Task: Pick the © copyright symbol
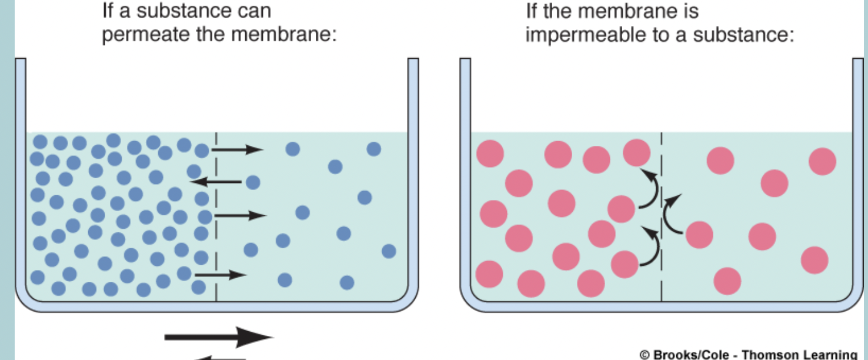pyautogui.click(x=644, y=354)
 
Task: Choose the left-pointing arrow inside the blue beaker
pyautogui.click(x=216, y=182)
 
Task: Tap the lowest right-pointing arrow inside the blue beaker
pyautogui.click(x=221, y=275)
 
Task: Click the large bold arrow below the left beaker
pyautogui.click(x=219, y=337)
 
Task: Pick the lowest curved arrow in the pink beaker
pyautogui.click(x=650, y=247)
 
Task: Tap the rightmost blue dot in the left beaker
pyautogui.click(x=389, y=251)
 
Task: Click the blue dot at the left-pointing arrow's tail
pyautogui.click(x=253, y=182)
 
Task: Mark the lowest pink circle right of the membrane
pyautogui.click(x=727, y=281)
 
